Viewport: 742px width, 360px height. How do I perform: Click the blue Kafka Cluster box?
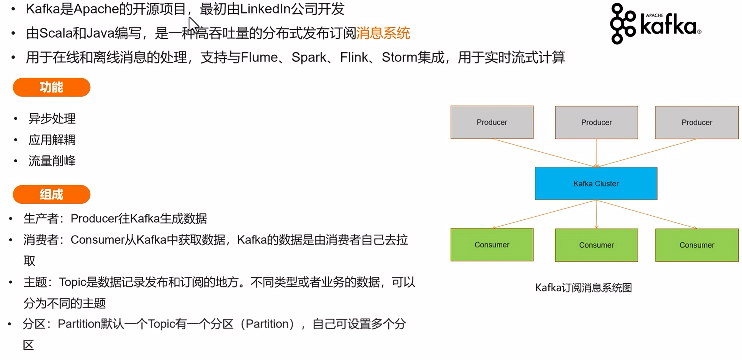[x=596, y=183]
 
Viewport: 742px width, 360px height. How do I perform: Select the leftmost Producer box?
[x=492, y=122]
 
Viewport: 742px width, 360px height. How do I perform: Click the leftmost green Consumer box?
[x=492, y=245]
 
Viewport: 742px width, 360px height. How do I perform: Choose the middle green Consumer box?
[x=597, y=245]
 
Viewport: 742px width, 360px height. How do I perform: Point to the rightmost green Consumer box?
[x=697, y=245]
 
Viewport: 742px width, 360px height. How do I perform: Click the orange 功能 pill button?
[x=51, y=87]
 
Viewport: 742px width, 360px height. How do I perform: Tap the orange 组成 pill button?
[x=51, y=194]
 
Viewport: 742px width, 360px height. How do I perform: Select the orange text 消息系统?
[x=383, y=33]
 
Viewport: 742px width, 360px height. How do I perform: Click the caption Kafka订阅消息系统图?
[x=583, y=288]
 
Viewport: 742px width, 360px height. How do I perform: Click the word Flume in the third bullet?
[x=259, y=57]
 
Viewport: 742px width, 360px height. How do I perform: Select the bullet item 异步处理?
[x=52, y=118]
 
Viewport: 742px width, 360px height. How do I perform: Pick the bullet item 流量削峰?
[x=52, y=161]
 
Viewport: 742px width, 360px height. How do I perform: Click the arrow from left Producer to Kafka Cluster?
[x=544, y=153]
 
